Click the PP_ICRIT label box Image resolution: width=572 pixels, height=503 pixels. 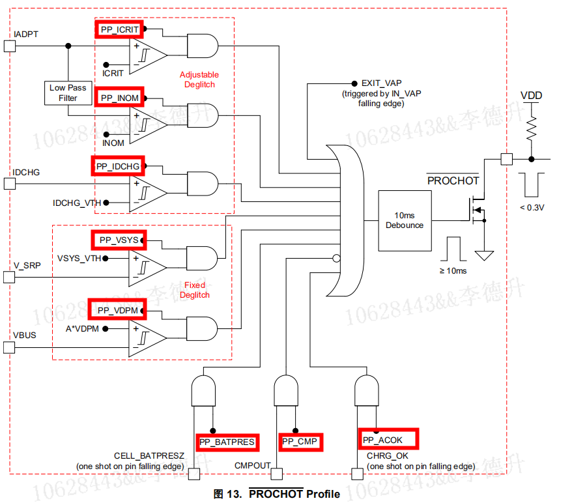(x=119, y=29)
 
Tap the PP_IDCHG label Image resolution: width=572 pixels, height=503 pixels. (x=118, y=166)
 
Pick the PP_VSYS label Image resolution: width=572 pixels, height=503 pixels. (x=119, y=240)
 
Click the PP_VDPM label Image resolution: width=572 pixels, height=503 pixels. (x=117, y=310)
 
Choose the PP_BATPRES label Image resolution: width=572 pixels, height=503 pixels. (x=227, y=442)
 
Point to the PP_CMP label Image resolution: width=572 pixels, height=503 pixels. (x=300, y=442)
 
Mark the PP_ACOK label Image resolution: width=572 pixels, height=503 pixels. (x=388, y=440)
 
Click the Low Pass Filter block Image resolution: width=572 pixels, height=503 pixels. (x=68, y=93)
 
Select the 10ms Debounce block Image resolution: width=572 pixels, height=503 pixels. (x=405, y=220)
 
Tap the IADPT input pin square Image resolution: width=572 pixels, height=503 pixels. (x=9, y=46)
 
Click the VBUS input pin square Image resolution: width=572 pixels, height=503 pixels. (x=9, y=347)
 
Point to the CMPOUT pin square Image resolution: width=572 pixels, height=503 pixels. (x=276, y=474)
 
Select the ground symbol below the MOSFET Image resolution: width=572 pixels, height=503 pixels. (x=484, y=255)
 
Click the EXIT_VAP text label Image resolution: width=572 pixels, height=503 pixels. (x=382, y=83)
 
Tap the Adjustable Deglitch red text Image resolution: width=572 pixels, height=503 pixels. (x=199, y=79)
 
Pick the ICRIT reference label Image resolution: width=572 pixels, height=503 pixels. (x=113, y=73)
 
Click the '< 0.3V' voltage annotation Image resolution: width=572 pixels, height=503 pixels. (x=532, y=207)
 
